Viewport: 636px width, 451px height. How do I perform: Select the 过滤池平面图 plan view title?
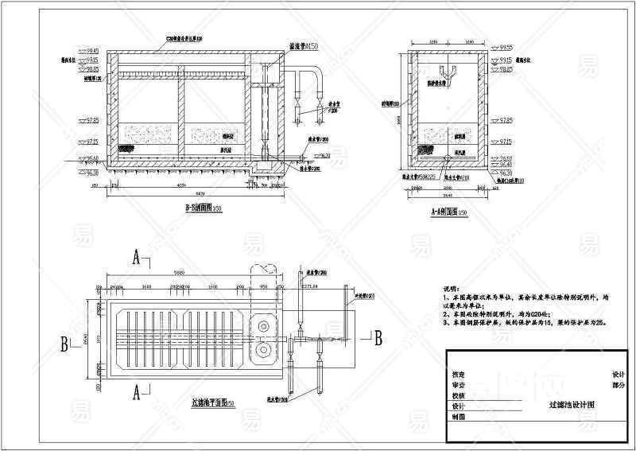[x=209, y=405]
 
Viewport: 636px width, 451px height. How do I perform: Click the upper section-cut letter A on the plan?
[x=137, y=258]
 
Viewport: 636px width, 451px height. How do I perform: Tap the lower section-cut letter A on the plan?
[x=136, y=391]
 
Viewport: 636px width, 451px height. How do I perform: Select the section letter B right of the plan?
[x=378, y=337]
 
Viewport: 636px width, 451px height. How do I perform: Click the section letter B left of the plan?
[x=63, y=345]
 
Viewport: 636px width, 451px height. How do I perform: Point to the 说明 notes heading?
[x=451, y=288]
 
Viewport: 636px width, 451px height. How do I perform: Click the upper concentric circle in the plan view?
[x=263, y=324]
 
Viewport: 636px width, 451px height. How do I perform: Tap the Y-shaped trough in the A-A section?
[x=451, y=77]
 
